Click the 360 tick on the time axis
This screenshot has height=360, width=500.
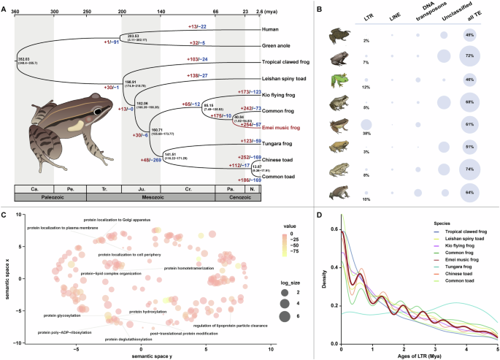(15, 11)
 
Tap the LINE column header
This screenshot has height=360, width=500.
(395, 19)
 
